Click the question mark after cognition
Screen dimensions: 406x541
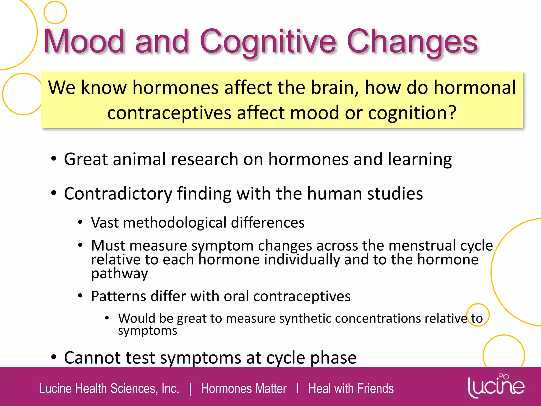tap(452, 113)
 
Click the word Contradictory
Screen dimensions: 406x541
tap(118, 194)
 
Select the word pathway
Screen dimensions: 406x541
tap(119, 274)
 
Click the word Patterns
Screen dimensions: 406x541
tap(118, 296)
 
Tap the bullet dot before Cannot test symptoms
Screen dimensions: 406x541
tap(54, 357)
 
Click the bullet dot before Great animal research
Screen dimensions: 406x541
tap(54, 159)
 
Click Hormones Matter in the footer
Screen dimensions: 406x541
tap(244, 389)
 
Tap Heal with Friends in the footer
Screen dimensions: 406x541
tap(351, 389)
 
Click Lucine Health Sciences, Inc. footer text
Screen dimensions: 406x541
tap(109, 389)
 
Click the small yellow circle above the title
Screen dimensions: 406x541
tap(55, 12)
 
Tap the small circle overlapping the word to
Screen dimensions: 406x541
tap(478, 315)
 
